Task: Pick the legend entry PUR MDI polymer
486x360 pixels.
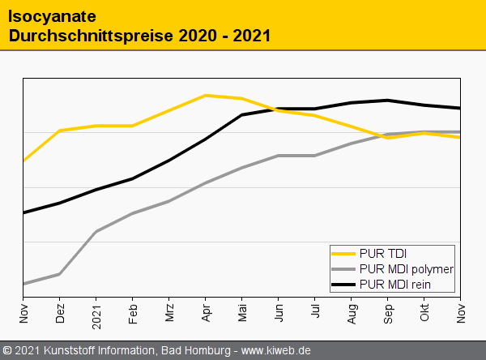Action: [x=406, y=268]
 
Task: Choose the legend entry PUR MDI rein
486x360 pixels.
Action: [x=394, y=284]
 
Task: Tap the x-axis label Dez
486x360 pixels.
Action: [x=60, y=313]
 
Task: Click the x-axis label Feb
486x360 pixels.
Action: [x=133, y=313]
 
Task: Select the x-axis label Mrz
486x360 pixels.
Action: [x=169, y=313]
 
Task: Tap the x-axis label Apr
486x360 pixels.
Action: [x=206, y=313]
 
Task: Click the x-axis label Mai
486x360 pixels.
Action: [x=242, y=313]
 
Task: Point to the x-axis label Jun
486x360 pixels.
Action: [x=279, y=313]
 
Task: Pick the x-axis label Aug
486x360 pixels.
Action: [x=352, y=313]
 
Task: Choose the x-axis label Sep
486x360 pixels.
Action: [x=388, y=313]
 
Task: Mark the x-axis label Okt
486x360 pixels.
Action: [x=424, y=313]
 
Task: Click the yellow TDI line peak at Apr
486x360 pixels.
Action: [x=206, y=95]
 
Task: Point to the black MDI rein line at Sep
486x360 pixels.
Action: [x=388, y=101]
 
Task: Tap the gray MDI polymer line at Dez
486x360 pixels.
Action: [x=60, y=274]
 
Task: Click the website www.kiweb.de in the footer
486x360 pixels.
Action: [x=276, y=350]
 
